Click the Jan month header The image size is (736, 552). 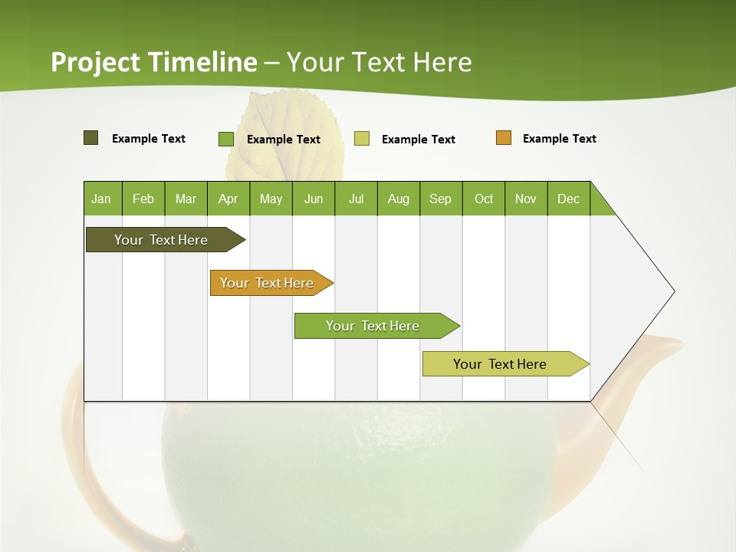pyautogui.click(x=102, y=199)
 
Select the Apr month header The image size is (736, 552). pyautogui.click(x=228, y=199)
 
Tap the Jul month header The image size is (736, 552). pyautogui.click(x=356, y=199)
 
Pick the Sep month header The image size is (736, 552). pyautogui.click(x=440, y=199)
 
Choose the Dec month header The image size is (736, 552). pyautogui.click(x=568, y=199)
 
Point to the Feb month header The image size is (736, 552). pyautogui.click(x=143, y=199)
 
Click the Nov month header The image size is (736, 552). pyautogui.click(x=525, y=199)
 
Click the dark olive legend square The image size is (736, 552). pyautogui.click(x=90, y=138)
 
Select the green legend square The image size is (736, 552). pyautogui.click(x=225, y=139)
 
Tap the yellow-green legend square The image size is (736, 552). pyautogui.click(x=362, y=139)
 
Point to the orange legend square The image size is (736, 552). pyautogui.click(x=503, y=138)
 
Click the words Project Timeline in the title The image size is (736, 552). pyautogui.click(x=153, y=62)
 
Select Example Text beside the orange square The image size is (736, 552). pyautogui.click(x=559, y=139)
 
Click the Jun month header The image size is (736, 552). pyautogui.click(x=314, y=199)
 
